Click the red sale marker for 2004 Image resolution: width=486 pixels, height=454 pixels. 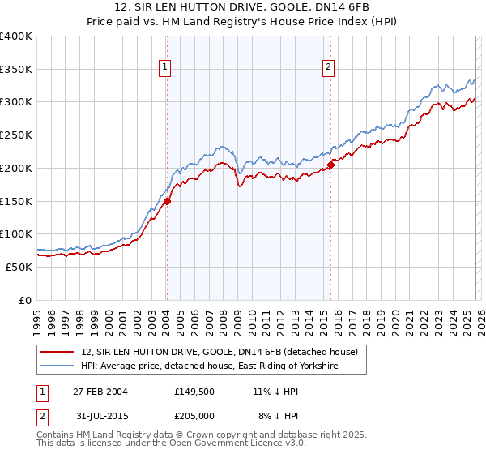(167, 201)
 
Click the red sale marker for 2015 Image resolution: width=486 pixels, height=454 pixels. (330, 165)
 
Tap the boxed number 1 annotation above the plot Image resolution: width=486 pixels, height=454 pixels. (164, 67)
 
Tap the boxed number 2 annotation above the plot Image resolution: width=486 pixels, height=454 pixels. (329, 67)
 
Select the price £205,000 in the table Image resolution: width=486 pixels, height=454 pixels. (196, 415)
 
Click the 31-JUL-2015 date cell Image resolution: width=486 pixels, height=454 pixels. (100, 415)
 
